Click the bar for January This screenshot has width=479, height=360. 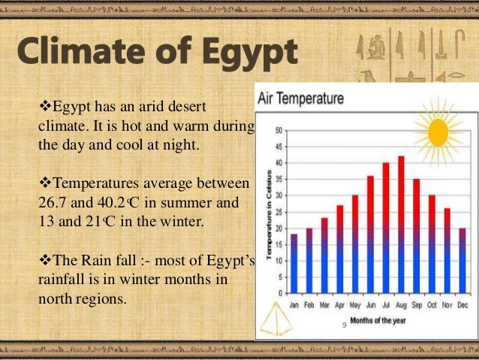pyautogui.click(x=294, y=263)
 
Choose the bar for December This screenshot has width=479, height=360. pyautogui.click(x=462, y=260)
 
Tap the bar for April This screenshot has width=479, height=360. pyautogui.click(x=339, y=249)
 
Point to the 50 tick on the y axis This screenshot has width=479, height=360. pyautogui.click(x=279, y=130)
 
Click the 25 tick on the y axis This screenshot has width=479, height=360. pyautogui.click(x=279, y=212)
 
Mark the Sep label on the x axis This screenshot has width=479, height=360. pyautogui.click(x=417, y=305)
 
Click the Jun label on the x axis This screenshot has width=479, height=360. pyautogui.click(x=370, y=305)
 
